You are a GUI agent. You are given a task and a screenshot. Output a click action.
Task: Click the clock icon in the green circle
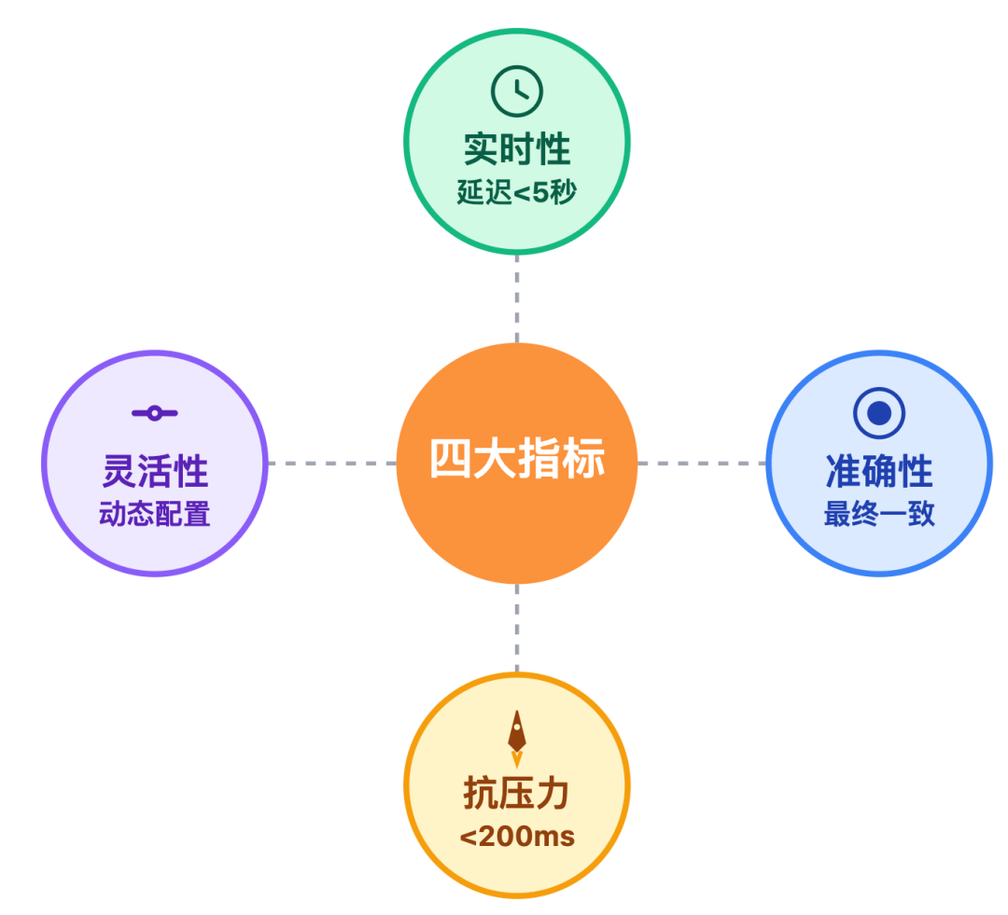click(516, 90)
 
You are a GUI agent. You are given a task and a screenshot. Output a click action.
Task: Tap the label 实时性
click(516, 149)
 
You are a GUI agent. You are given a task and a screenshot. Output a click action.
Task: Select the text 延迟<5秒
click(516, 193)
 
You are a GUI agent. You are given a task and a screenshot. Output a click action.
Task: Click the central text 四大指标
click(516, 460)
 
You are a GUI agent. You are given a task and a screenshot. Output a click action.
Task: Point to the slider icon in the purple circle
click(155, 413)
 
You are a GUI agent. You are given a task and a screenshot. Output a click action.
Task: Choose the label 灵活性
click(155, 471)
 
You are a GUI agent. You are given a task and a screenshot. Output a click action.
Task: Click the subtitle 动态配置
click(155, 514)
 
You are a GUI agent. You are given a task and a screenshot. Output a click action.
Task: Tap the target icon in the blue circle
click(878, 412)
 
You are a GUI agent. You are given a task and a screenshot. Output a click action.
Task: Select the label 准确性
click(878, 471)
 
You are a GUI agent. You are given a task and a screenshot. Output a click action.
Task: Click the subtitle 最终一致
click(878, 514)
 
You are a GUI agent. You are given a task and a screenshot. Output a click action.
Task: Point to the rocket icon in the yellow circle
click(516, 737)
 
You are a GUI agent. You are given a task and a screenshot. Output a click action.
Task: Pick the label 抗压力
click(516, 794)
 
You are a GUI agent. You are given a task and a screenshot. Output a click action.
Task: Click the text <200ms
click(516, 837)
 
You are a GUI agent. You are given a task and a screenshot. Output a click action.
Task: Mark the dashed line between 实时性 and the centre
click(516, 298)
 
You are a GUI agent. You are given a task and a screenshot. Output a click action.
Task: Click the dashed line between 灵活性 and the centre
click(331, 463)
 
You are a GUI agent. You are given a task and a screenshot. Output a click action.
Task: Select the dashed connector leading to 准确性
click(701, 463)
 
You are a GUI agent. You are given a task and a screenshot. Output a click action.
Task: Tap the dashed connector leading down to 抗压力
click(516, 628)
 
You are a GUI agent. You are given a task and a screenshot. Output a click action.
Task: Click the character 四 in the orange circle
click(449, 460)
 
